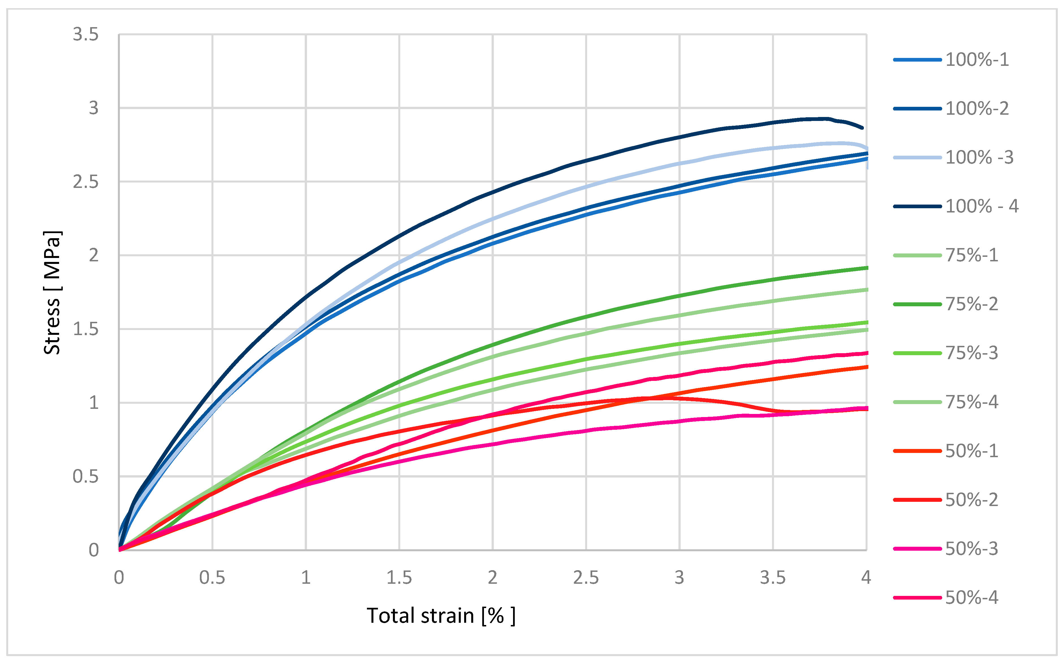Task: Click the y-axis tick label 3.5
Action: click(x=86, y=34)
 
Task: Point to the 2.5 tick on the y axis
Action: click(x=86, y=181)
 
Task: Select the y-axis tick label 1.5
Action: click(x=86, y=329)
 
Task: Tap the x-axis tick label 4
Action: click(x=866, y=577)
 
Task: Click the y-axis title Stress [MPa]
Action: click(x=52, y=292)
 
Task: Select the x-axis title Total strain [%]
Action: click(x=441, y=616)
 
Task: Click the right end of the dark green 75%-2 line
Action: click(x=866, y=268)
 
